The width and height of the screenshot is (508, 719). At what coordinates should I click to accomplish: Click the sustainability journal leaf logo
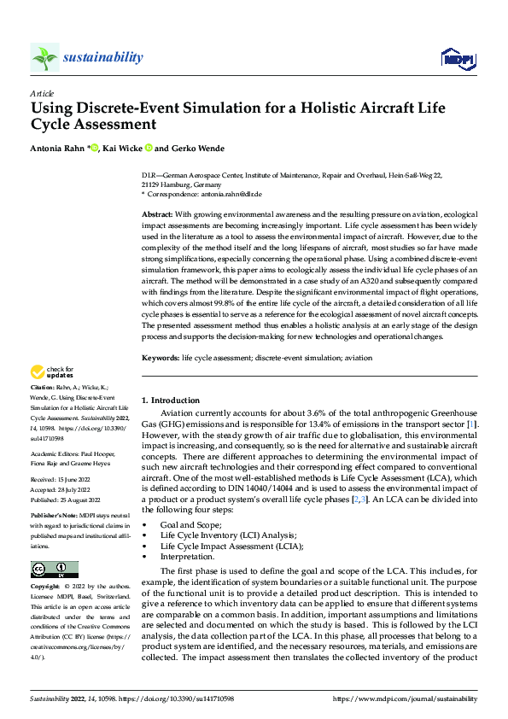pos(44,57)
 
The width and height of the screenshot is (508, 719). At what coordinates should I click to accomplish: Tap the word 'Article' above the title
pos(42,93)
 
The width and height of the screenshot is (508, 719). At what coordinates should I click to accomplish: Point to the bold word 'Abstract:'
pos(157,213)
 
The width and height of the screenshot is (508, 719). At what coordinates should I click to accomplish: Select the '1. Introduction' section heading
pos(171,400)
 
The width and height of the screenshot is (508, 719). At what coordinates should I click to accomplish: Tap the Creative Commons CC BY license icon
pos(55,570)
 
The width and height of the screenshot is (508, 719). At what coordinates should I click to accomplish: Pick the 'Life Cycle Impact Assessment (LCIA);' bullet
pos(231,545)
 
